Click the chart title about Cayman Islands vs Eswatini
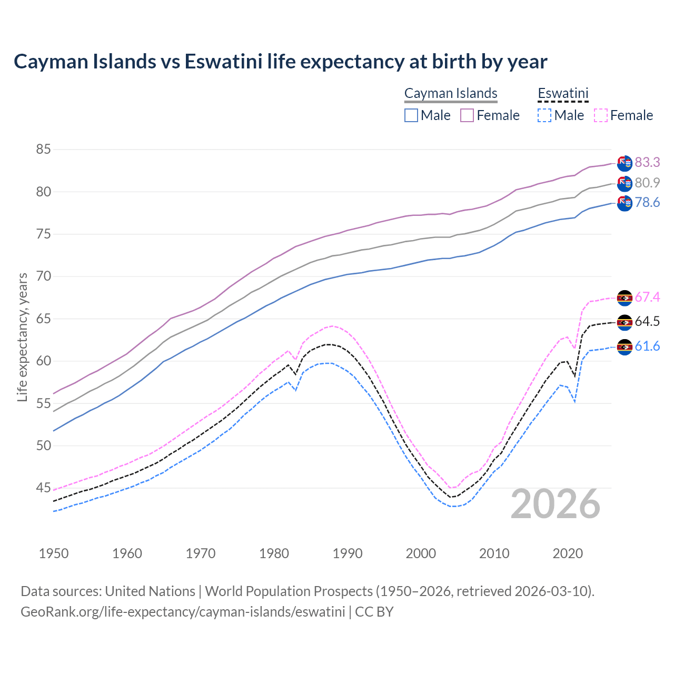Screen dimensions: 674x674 tap(280, 62)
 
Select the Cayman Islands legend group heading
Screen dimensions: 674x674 tap(451, 93)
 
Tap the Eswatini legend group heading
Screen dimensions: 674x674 tap(562, 93)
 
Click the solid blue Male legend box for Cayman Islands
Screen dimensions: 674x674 tap(411, 115)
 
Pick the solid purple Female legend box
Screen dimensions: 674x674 tap(467, 115)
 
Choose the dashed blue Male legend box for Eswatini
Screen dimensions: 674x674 tap(544, 115)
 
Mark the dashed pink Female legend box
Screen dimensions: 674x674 tap(600, 115)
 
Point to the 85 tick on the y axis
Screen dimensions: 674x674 tap(43, 150)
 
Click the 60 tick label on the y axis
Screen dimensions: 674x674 tap(43, 361)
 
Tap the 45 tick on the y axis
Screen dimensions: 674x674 tap(43, 488)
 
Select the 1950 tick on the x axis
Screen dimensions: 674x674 tap(54, 553)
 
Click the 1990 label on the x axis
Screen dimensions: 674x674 tap(348, 553)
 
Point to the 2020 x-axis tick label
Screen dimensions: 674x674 tap(568, 553)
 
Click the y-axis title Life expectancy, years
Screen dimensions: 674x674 tap(23, 337)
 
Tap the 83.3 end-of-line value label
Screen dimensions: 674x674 tap(647, 162)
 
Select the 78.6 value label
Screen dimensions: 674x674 tap(647, 203)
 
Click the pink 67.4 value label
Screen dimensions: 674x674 tap(647, 298)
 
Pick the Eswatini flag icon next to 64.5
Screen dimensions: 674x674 tap(625, 322)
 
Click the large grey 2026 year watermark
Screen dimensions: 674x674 tap(556, 504)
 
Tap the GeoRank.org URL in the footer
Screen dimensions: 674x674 tap(183, 612)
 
